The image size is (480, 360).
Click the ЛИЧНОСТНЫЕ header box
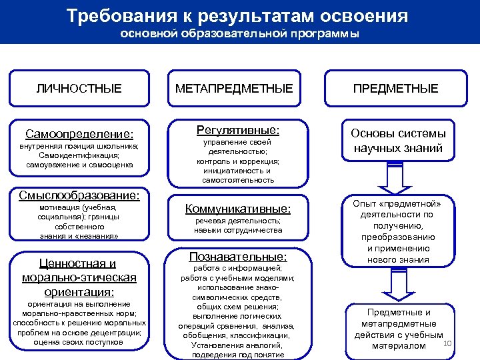point(79,88)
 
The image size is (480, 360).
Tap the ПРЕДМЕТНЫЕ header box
point(395,88)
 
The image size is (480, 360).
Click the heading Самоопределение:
point(79,133)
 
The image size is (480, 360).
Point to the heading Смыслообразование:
point(79,195)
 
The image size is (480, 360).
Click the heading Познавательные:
point(238,256)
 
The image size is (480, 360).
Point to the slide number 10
point(447,343)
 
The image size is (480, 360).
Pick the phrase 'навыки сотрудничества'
point(238,230)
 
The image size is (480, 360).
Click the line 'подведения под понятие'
point(238,355)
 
